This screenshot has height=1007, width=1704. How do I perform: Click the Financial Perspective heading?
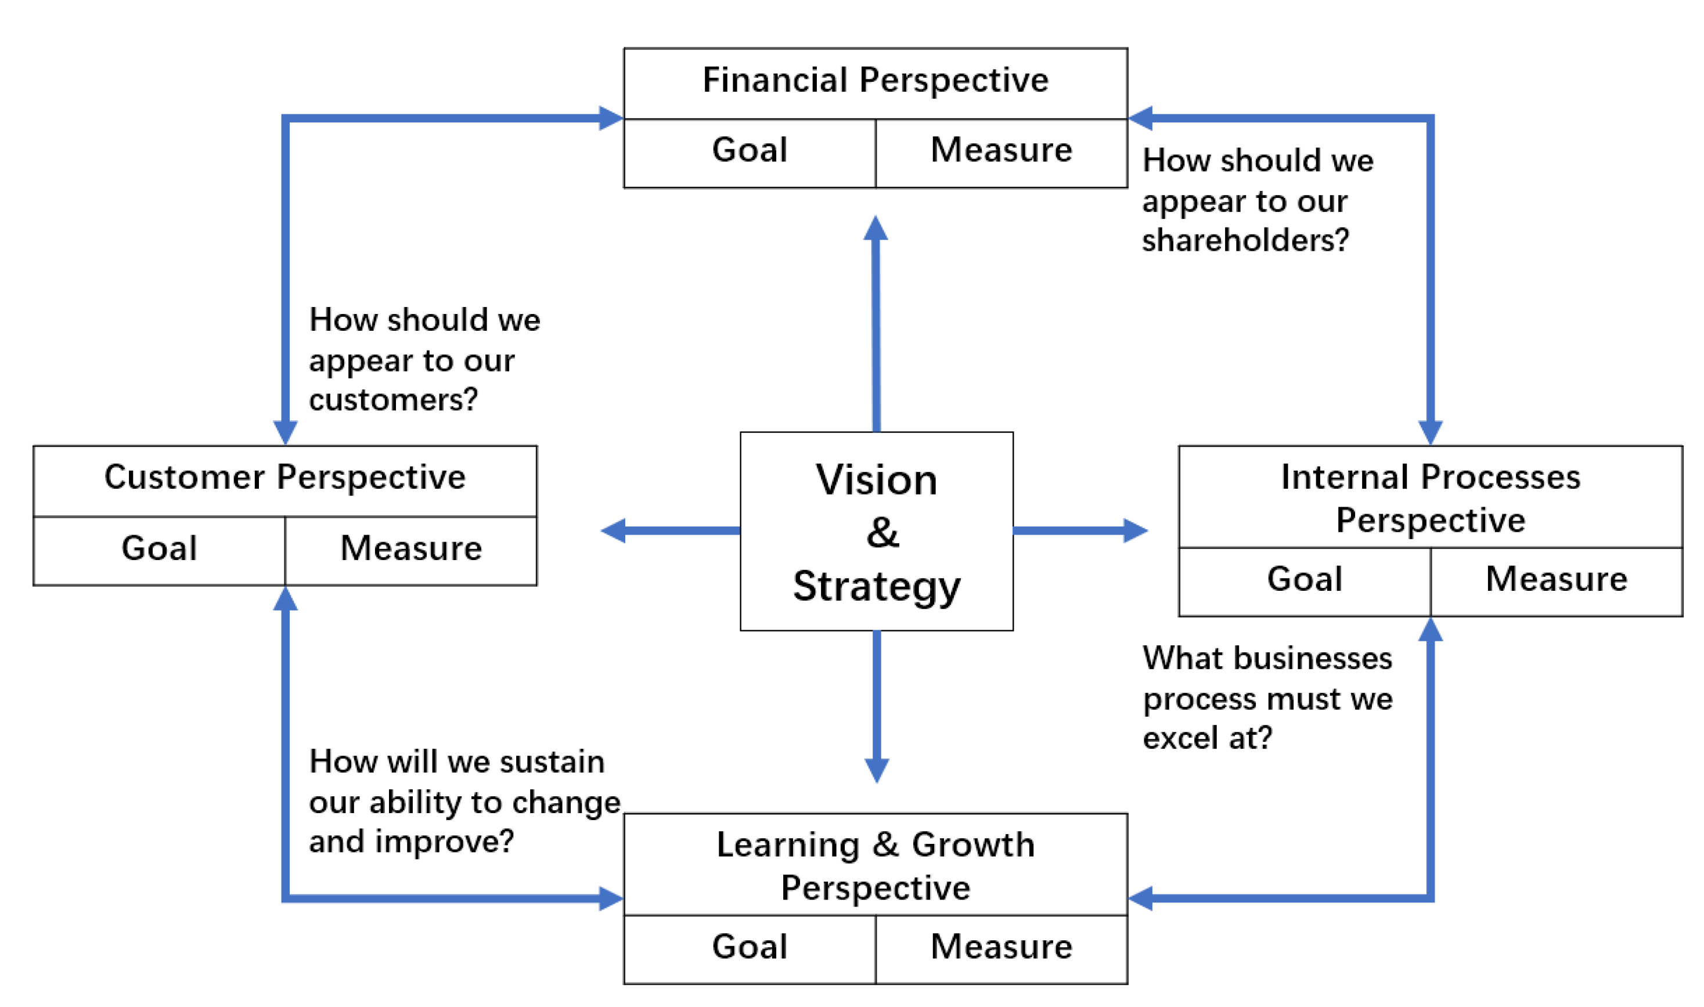(x=875, y=81)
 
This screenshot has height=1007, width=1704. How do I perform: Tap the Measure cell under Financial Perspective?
(x=1001, y=151)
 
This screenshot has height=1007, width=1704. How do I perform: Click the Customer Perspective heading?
(x=284, y=478)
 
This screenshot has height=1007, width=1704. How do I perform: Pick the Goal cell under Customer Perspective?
(x=159, y=549)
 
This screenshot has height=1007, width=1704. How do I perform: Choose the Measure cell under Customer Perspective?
(x=410, y=549)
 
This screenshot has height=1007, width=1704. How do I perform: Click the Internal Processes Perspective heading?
(x=1430, y=499)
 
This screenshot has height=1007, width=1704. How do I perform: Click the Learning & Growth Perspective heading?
(x=875, y=867)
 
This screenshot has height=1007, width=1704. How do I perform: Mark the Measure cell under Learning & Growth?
(x=1001, y=947)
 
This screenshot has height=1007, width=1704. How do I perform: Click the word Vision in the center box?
(x=876, y=481)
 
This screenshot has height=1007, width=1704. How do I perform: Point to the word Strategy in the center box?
(x=876, y=587)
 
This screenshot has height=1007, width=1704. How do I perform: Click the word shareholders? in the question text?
(x=1245, y=241)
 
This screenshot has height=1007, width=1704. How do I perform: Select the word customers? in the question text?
(x=393, y=400)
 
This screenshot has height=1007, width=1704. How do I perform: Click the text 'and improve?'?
(x=411, y=842)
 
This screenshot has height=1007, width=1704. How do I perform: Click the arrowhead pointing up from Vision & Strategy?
(x=876, y=229)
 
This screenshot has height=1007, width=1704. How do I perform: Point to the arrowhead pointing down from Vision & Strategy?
(x=876, y=770)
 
